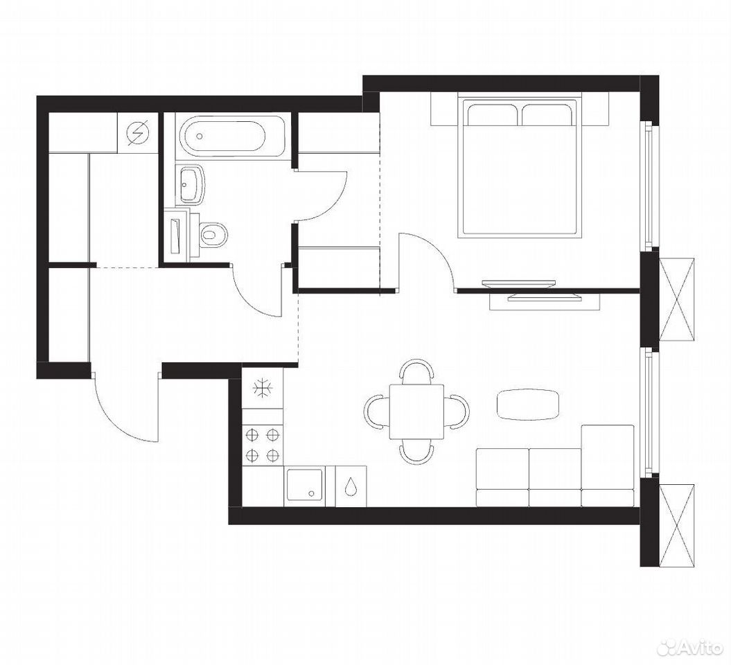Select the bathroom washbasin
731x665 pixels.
click(x=191, y=185)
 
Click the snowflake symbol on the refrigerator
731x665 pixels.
click(x=263, y=388)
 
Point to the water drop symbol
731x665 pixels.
click(x=351, y=486)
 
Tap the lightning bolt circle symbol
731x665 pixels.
click(x=140, y=132)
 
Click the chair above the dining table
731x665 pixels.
click(x=417, y=371)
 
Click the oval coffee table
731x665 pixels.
click(x=528, y=404)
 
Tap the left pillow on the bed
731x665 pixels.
click(x=492, y=114)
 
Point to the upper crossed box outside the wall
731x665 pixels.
click(x=677, y=300)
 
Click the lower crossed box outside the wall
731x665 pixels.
click(x=677, y=526)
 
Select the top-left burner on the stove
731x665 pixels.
click(x=252, y=435)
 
